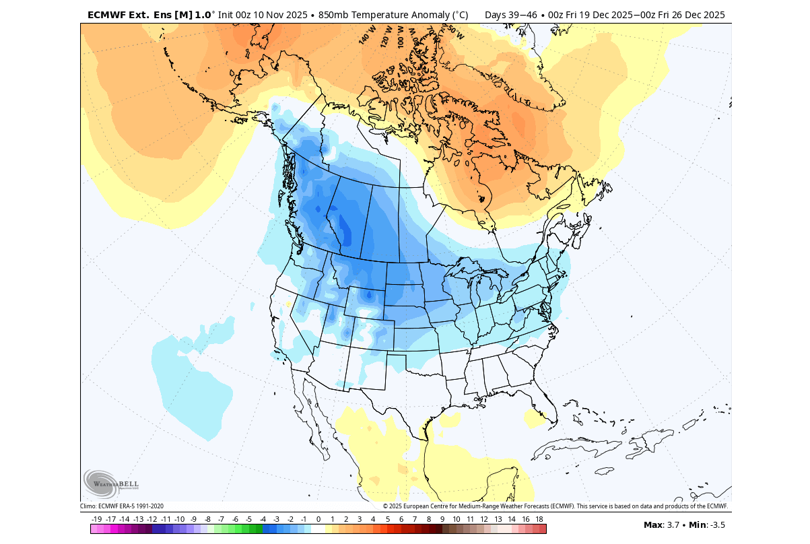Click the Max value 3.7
tap(674, 524)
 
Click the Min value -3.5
tap(718, 524)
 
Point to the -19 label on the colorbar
tap(97, 519)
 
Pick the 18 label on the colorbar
tap(539, 519)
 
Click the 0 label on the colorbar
tap(318, 519)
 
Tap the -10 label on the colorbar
tap(180, 519)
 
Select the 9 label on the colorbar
tap(442, 519)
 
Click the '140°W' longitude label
tap(367, 36)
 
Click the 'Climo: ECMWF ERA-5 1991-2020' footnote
tap(122, 506)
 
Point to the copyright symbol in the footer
tap(386, 506)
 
